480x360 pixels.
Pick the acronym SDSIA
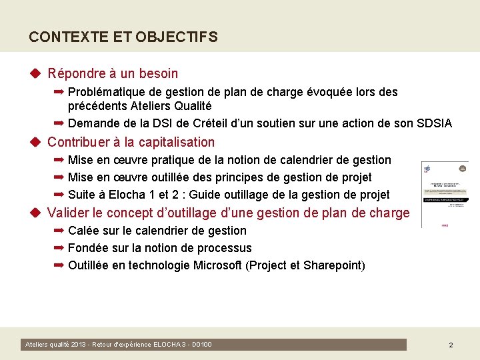coord(433,123)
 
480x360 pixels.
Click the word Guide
coord(202,195)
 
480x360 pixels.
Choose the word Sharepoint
coord(333,265)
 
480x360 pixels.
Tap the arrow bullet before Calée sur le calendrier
coord(59,231)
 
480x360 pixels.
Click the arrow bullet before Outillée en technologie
coord(59,265)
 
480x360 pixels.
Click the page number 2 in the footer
coord(451,345)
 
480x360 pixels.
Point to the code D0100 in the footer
coord(202,345)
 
